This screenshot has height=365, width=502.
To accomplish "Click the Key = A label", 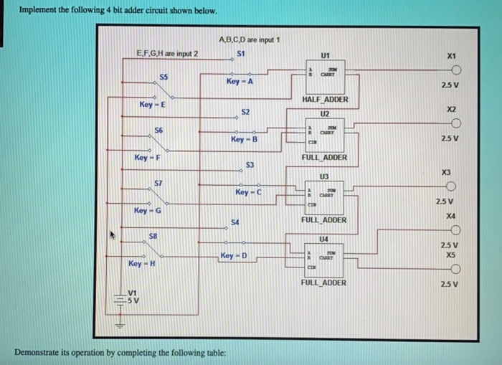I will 240,82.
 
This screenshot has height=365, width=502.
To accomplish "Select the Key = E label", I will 152,105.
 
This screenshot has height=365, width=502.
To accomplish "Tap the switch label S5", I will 164,76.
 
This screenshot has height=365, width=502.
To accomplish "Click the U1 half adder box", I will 325,71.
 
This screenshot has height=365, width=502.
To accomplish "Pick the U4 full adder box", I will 325,255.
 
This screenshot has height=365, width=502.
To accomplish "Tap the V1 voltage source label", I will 132,292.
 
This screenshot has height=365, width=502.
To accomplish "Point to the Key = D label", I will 234,256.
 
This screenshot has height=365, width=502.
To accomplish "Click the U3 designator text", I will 324,176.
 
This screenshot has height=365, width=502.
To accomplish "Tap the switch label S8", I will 153,235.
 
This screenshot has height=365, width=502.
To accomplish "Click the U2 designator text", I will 324,113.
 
